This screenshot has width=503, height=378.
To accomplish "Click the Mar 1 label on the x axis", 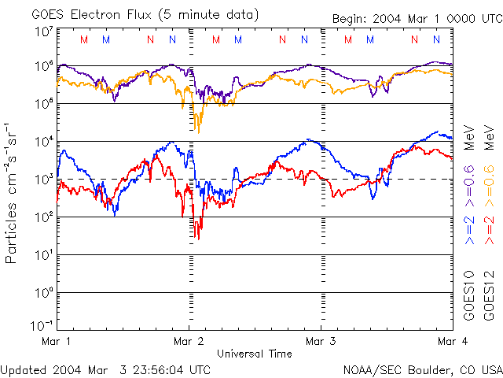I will [x=56, y=342].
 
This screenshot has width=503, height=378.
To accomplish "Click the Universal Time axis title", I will [x=255, y=354].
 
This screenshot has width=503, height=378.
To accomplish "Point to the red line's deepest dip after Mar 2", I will [x=198, y=238].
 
